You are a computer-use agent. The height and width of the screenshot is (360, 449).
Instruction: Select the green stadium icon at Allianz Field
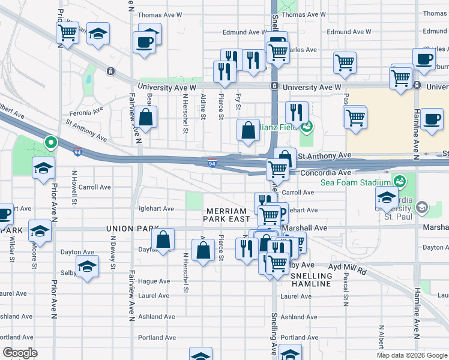click(307, 126)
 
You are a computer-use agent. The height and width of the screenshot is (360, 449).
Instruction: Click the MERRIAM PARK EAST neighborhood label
click(226, 216)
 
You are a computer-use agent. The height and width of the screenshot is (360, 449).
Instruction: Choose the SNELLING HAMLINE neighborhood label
click(310, 279)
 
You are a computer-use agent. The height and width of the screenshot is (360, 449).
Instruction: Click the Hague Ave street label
click(154, 281)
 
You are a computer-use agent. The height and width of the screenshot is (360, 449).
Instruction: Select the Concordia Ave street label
click(324, 172)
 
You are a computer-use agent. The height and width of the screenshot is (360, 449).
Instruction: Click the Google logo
click(20, 353)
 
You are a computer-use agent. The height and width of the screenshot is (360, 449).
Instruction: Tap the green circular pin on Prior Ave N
click(51, 143)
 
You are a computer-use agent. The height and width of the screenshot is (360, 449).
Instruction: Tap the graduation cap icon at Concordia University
click(386, 196)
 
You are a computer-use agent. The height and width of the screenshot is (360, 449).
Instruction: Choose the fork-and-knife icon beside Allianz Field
click(297, 112)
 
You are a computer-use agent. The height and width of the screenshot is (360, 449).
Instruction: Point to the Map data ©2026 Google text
click(411, 355)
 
